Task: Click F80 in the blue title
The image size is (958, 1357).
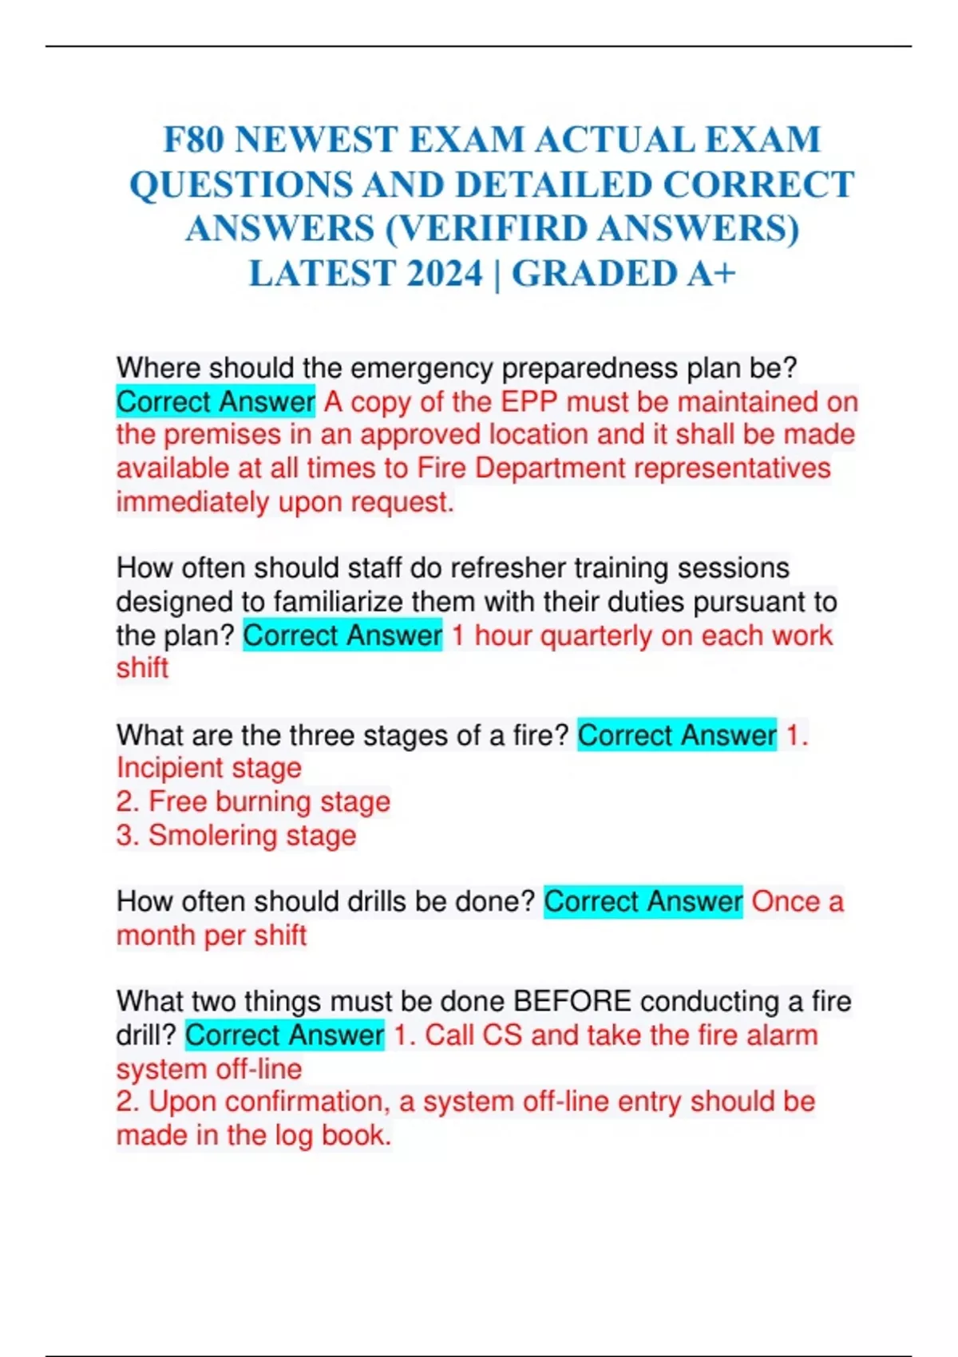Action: click(x=194, y=140)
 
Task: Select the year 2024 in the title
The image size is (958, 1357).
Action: click(x=445, y=274)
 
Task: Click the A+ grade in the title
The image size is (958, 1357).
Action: click(x=711, y=274)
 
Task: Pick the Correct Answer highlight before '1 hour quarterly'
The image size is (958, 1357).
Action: click(x=342, y=635)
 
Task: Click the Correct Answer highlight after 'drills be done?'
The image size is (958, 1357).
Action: click(x=643, y=901)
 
